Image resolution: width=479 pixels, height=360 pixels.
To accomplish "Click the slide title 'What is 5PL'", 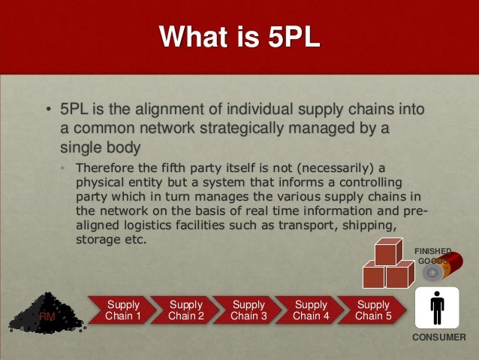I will pyautogui.click(x=239, y=38).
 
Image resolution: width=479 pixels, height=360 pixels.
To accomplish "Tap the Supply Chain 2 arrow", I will pyautogui.click(x=185, y=310).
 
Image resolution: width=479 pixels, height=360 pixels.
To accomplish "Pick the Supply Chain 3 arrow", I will pyautogui.click(x=248, y=310).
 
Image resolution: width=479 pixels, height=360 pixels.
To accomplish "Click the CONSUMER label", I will pyautogui.click(x=438, y=337).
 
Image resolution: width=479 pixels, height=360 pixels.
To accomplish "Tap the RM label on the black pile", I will pyautogui.click(x=47, y=318).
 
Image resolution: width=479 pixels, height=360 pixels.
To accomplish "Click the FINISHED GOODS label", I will pyautogui.click(x=434, y=256).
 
